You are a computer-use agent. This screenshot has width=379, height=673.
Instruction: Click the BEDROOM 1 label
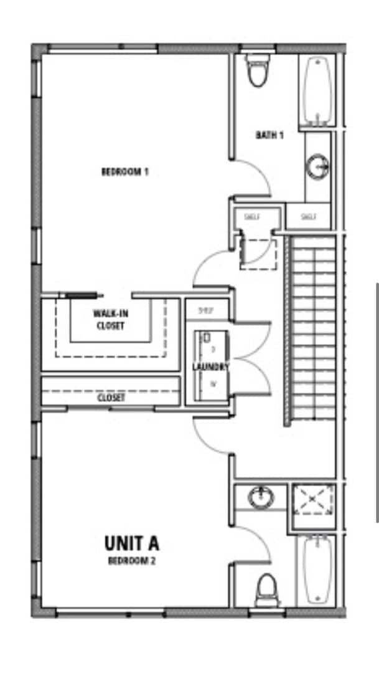coord(124,171)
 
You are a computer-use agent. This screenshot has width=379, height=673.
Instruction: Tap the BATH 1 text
coord(269,135)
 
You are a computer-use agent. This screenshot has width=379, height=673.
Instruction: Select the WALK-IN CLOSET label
coord(109,319)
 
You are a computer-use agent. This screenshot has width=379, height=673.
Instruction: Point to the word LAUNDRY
coord(210,367)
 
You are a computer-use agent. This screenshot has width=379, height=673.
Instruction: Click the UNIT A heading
coord(131,543)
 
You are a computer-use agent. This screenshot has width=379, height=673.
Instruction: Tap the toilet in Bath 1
coord(256,70)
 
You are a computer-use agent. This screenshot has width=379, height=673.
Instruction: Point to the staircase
coord(314,330)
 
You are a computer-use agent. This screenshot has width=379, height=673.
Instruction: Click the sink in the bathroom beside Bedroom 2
coord(261,497)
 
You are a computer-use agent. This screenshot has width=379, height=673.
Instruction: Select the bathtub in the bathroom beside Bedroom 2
coord(317,570)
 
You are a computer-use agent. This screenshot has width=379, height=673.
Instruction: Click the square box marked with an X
coord(313,500)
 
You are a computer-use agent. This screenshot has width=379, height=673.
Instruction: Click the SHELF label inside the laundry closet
coord(205,310)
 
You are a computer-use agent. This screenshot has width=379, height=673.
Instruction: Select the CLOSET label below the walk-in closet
coord(111,397)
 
